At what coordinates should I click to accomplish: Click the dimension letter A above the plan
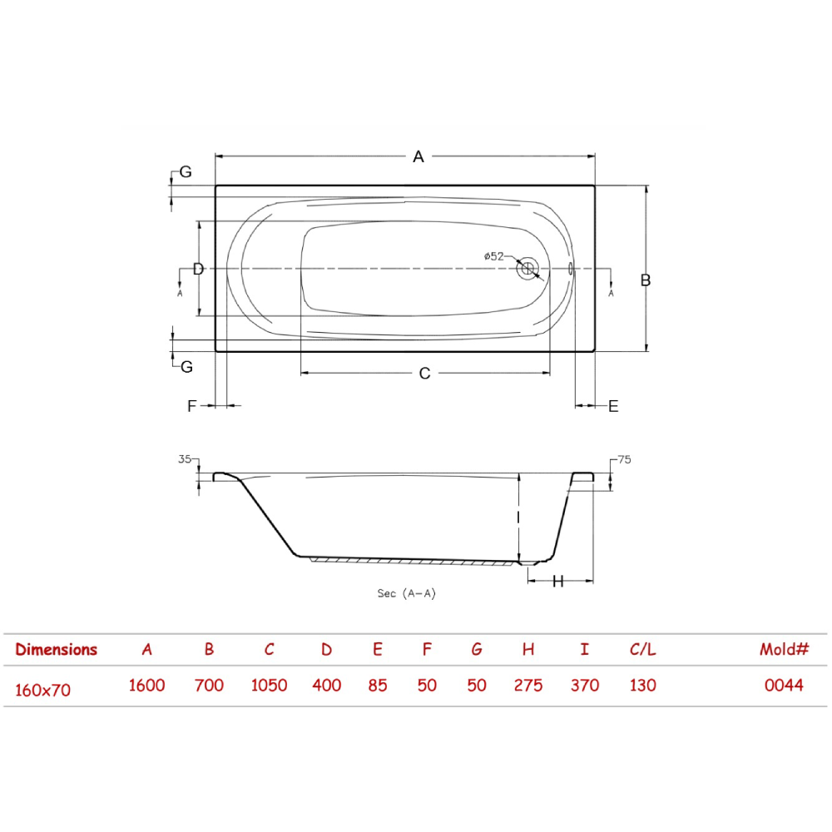tap(418, 156)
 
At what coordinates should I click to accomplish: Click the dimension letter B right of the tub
tap(646, 280)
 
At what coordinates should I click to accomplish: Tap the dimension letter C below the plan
tap(424, 374)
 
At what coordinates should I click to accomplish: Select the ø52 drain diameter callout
tap(494, 256)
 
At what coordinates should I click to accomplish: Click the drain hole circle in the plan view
tap(527, 269)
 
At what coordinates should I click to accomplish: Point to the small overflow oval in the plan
tap(571, 269)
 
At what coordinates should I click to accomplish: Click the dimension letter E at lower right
tap(613, 407)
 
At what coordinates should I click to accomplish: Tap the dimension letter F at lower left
tap(191, 406)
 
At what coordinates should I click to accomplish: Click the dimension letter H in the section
tap(557, 582)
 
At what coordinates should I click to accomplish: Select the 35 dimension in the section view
tap(185, 459)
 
